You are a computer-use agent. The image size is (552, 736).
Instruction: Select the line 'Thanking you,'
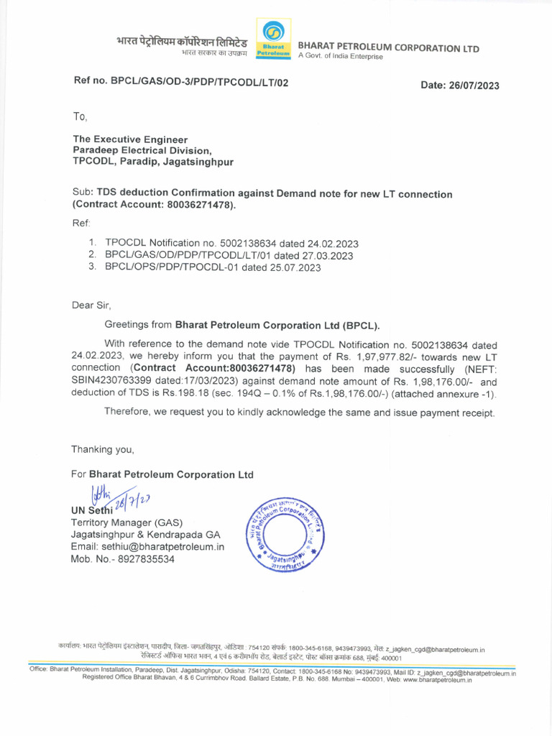(x=102, y=449)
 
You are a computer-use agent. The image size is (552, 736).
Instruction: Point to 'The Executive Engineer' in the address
(x=130, y=139)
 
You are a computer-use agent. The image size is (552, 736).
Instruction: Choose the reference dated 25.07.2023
(x=213, y=267)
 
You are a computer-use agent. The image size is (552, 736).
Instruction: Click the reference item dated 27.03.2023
(x=229, y=255)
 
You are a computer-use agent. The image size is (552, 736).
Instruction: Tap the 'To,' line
(x=79, y=116)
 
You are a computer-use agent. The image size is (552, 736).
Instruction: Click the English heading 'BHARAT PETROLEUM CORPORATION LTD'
(x=388, y=48)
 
